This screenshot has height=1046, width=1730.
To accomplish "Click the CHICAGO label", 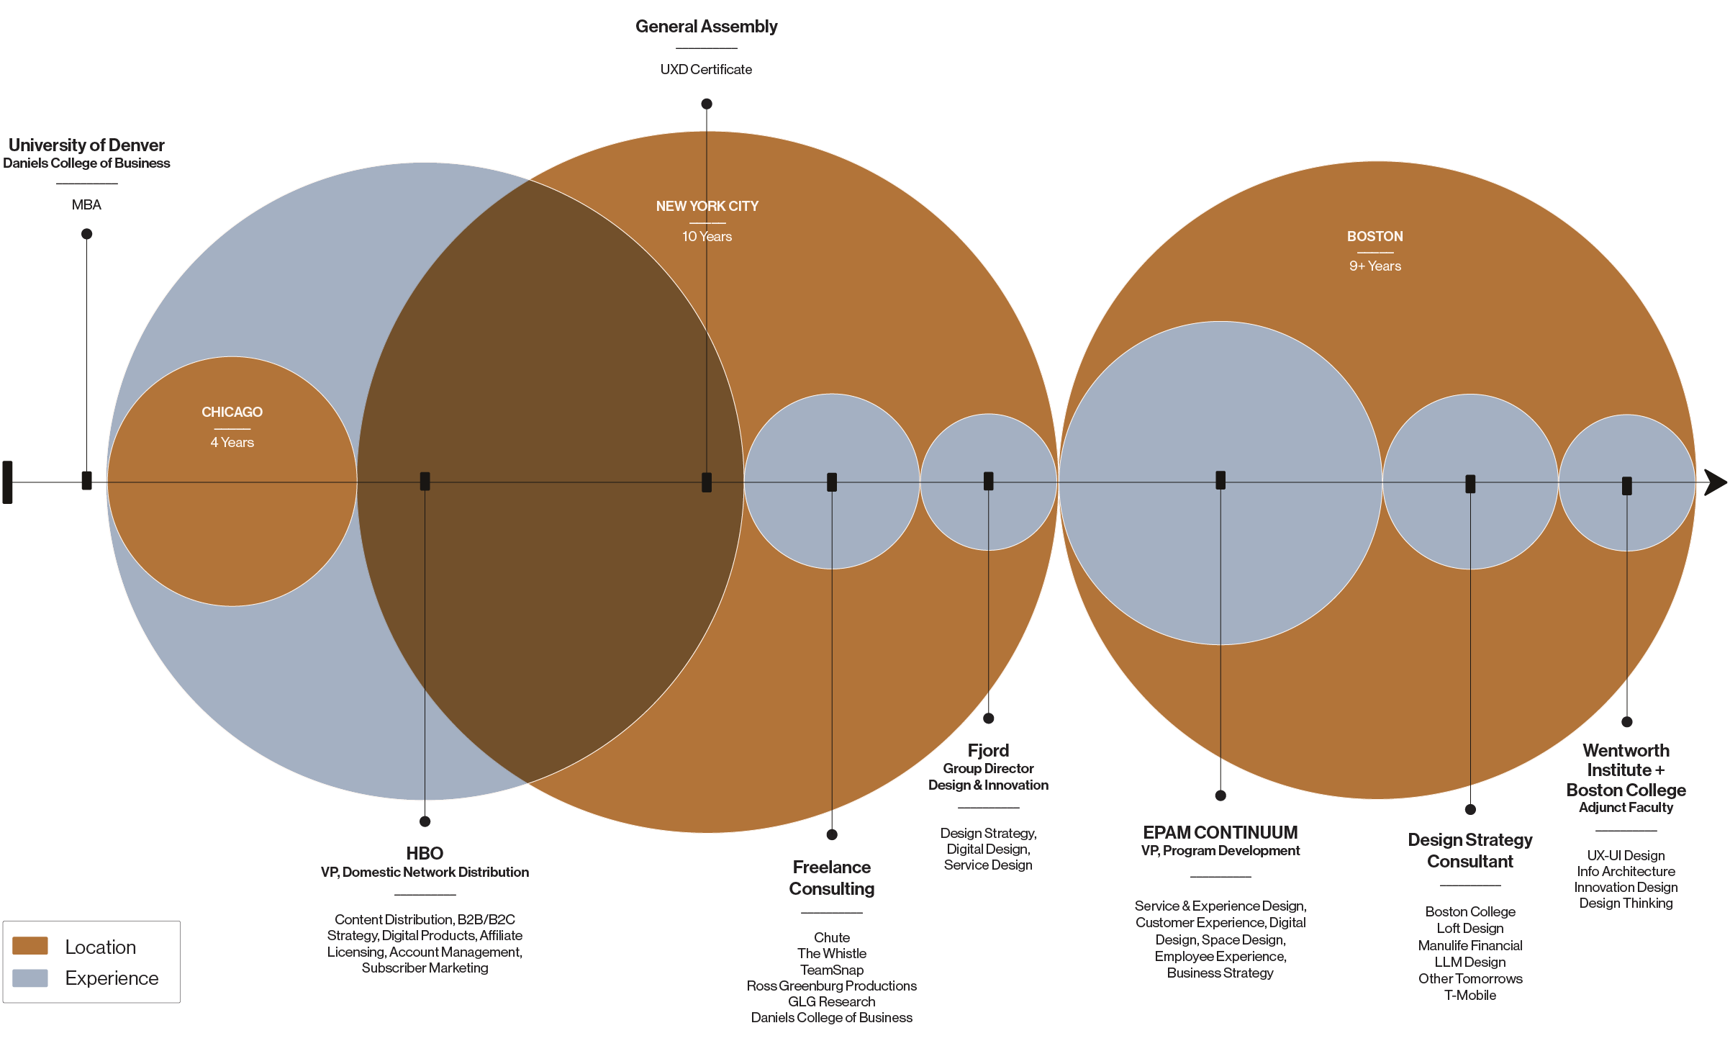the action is (232, 412).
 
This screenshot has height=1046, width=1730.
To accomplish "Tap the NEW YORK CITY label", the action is (707, 206).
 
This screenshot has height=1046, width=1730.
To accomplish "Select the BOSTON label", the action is (1375, 236).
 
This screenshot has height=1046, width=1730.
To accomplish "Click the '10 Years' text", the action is (707, 236).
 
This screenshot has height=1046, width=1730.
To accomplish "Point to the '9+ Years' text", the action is (1375, 266).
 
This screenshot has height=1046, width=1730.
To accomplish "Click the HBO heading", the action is (425, 853).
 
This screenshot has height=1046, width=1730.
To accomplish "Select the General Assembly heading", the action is (706, 27).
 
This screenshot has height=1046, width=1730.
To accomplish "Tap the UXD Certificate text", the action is (706, 69).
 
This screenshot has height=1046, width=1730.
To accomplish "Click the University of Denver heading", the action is (86, 145).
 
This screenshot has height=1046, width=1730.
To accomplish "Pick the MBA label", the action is (86, 204).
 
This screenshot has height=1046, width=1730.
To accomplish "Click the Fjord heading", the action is (988, 750).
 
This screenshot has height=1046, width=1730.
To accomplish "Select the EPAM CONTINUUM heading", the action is (1220, 832).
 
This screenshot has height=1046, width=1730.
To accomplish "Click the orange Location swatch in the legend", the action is (30, 945).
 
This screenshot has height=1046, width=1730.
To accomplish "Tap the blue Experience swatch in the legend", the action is (30, 978).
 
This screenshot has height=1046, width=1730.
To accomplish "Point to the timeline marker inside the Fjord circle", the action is (988, 481).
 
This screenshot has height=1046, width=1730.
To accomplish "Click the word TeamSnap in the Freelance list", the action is (832, 970).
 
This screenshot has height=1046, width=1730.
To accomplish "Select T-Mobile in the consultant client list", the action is (1470, 995).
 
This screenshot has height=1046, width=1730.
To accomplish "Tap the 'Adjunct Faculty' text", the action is (1626, 807).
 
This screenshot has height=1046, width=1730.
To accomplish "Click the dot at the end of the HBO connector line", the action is (425, 821).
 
